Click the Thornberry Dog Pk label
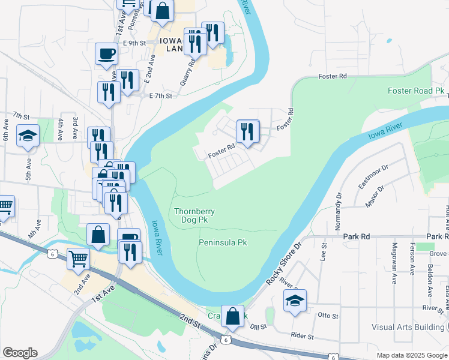pos(194,215)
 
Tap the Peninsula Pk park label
pos(223,243)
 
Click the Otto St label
pos(328,316)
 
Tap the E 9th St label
pos(134,43)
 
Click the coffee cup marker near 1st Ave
pos(106,53)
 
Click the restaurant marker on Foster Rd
pos(248,132)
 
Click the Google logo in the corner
pos(20,353)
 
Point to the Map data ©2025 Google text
pos(411,355)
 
